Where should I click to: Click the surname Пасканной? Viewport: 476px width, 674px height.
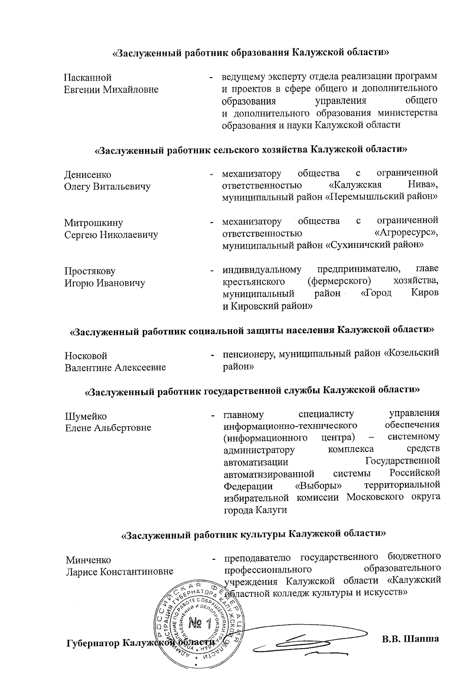click(x=88, y=77)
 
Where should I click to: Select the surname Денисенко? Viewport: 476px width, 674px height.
click(x=88, y=175)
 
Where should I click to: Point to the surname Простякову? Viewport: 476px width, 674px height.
click(x=90, y=271)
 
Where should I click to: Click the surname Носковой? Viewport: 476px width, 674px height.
click(x=86, y=356)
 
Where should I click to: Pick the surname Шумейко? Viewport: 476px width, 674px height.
click(x=86, y=416)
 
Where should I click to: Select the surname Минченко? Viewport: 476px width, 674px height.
click(x=88, y=560)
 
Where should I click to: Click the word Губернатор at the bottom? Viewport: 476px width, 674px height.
click(x=93, y=632)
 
